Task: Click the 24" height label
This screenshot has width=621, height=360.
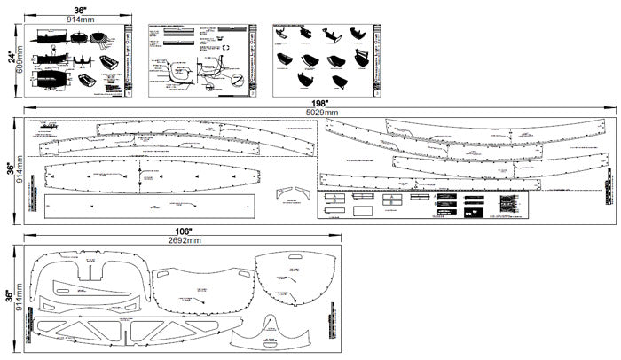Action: (12, 59)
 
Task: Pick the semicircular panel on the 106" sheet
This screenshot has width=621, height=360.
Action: (293, 276)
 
